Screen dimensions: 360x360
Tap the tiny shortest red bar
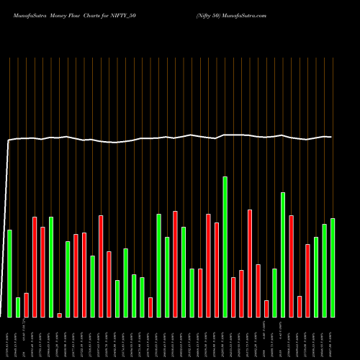point(60,315)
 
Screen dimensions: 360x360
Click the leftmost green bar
point(9,273)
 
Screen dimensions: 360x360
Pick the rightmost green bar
point(333,267)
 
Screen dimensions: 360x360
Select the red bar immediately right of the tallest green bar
point(233,297)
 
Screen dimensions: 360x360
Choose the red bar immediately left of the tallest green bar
point(217,269)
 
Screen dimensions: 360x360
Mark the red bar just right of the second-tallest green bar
point(292,266)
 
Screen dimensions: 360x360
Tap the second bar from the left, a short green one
point(18,307)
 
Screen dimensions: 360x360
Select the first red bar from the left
point(26,305)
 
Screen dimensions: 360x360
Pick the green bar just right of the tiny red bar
point(68,279)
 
